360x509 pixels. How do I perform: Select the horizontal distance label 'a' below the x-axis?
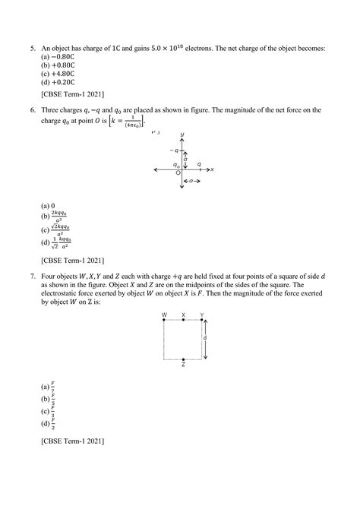point(194,182)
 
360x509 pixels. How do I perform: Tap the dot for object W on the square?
point(164,321)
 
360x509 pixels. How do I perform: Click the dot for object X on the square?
point(183,321)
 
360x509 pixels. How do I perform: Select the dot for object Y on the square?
point(202,321)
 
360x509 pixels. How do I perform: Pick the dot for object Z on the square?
point(183,359)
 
